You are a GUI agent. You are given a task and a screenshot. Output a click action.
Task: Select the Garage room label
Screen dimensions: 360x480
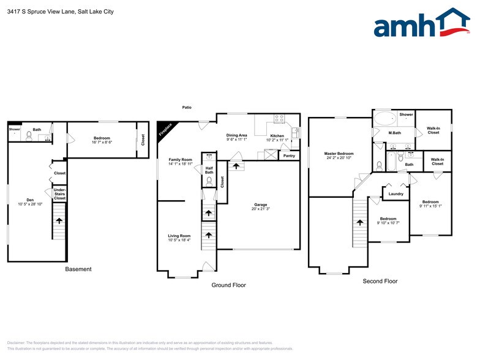pos(260,205)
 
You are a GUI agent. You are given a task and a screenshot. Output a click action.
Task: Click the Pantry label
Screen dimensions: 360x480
pos(289,156)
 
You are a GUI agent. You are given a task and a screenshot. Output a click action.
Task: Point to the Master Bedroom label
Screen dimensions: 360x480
pos(339,154)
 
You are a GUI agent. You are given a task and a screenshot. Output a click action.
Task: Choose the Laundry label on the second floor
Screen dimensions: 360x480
pos(396,194)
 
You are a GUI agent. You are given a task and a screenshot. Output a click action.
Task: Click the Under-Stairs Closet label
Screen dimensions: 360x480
pos(59,194)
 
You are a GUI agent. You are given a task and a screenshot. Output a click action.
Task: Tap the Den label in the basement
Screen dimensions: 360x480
pos(30,200)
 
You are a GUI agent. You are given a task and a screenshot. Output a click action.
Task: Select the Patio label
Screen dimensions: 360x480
pos(187,107)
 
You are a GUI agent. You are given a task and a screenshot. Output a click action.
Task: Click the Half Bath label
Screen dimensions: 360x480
pos(209,170)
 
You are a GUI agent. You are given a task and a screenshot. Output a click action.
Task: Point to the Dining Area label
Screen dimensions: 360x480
pos(236,135)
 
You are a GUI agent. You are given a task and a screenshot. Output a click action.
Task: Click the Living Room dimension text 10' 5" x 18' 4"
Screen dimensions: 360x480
pos(179,240)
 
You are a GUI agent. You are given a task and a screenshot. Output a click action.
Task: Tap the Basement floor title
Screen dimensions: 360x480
pos(78,269)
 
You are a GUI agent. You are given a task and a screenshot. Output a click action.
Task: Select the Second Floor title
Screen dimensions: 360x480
pos(380,281)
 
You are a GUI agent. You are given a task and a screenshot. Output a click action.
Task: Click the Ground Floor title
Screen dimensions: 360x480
pos(228,285)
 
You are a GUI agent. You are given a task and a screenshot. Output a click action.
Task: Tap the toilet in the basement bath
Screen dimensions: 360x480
pos(28,135)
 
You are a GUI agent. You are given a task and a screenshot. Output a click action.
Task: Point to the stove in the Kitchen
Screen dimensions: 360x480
pos(279,118)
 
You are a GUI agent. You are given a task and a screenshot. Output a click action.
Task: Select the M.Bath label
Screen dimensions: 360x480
pos(395,133)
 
